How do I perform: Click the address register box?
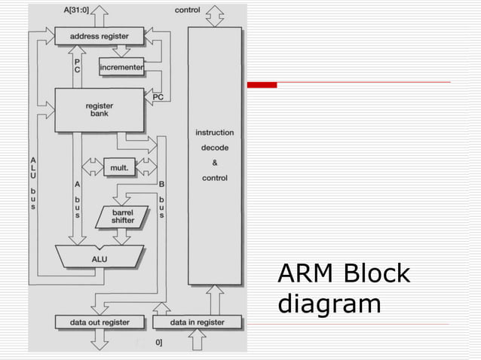pyautogui.click(x=99, y=35)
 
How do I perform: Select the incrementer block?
pyautogui.click(x=121, y=69)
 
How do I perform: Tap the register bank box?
pyautogui.click(x=99, y=110)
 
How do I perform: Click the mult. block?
pyautogui.click(x=119, y=168)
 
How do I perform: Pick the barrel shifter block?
pyautogui.click(x=123, y=216)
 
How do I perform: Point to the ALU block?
pyautogui.click(x=99, y=258)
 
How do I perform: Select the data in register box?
pyautogui.click(x=198, y=322)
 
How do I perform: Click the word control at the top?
pyautogui.click(x=188, y=10)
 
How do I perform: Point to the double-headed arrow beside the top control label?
pyautogui.click(x=215, y=14)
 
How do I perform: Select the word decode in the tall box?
pyautogui.click(x=215, y=148)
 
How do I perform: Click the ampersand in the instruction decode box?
pyautogui.click(x=215, y=163)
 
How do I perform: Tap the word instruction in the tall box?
pyautogui.click(x=215, y=133)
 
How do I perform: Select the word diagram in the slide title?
pyautogui.click(x=329, y=304)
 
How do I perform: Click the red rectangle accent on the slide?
pyautogui.click(x=263, y=84)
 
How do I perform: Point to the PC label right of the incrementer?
pyautogui.click(x=158, y=96)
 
